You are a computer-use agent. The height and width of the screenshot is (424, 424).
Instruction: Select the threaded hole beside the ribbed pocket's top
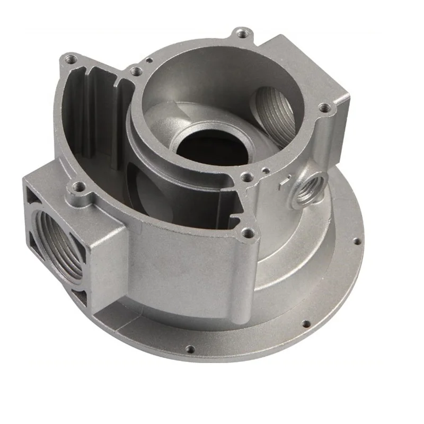tap(135, 70)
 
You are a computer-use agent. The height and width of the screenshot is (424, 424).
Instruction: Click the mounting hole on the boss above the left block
tap(79, 187)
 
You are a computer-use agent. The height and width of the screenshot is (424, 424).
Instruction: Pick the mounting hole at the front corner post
tap(246, 232)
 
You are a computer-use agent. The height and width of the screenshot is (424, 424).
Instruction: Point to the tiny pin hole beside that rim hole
tap(264, 171)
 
